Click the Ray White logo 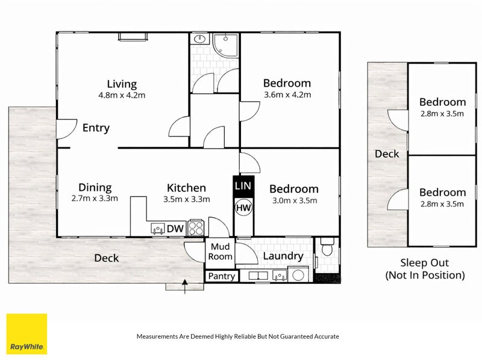(x=27, y=334)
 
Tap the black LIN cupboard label (x=243, y=187)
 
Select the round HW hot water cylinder (x=243, y=208)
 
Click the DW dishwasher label (x=175, y=229)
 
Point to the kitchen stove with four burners (x=196, y=228)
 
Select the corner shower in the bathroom (x=226, y=45)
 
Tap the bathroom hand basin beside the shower (x=200, y=39)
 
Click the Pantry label (x=221, y=276)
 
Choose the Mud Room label (x=220, y=251)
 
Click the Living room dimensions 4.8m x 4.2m (x=122, y=95)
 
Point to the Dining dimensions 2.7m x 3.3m (x=95, y=199)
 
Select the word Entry (x=96, y=128)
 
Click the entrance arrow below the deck (x=185, y=286)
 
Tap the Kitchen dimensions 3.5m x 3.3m (x=187, y=199)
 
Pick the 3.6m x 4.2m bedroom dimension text (x=287, y=94)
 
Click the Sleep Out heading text (x=425, y=263)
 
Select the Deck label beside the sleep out (x=387, y=154)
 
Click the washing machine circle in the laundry (x=298, y=275)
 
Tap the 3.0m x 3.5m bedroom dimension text (x=295, y=201)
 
